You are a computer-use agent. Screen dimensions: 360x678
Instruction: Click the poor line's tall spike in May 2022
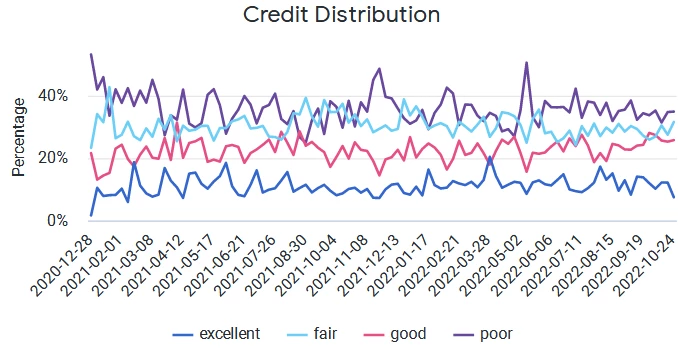click(x=526, y=63)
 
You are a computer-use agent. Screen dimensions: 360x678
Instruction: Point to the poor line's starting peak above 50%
click(x=91, y=54)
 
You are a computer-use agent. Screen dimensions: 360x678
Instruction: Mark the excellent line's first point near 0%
click(x=91, y=215)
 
